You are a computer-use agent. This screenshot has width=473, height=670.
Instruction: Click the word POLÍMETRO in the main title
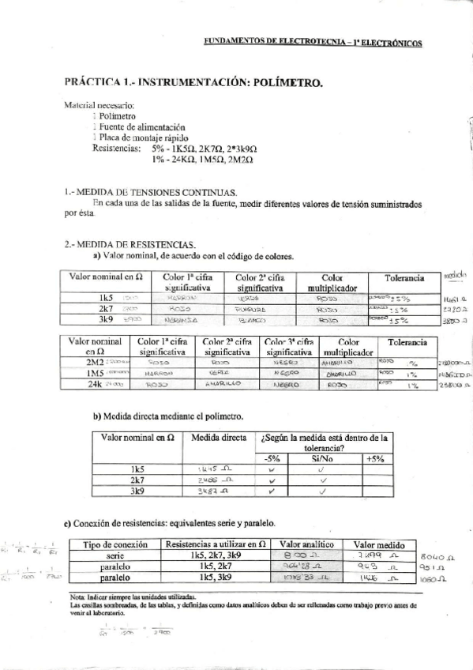(x=281, y=83)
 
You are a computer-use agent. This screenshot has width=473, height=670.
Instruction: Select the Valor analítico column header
(x=306, y=544)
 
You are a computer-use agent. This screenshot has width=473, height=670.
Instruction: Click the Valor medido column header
(x=378, y=544)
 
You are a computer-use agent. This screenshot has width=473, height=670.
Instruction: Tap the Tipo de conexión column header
(x=117, y=544)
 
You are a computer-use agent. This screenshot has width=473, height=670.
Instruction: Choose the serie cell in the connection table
(x=117, y=556)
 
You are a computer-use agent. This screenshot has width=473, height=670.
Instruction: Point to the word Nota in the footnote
(x=77, y=595)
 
